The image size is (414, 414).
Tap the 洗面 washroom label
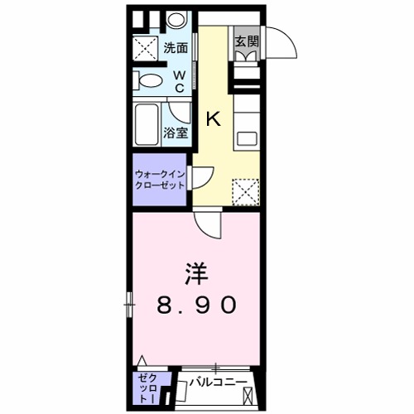tap(174, 47)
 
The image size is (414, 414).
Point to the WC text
tap(180, 82)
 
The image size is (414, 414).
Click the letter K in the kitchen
tap(213, 119)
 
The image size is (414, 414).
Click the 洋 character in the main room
tap(195, 272)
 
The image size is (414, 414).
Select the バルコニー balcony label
tap(220, 383)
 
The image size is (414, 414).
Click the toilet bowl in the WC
tap(150, 81)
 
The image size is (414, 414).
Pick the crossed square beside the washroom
tap(146, 47)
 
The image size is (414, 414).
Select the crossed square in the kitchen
tap(244, 190)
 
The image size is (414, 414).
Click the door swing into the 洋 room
tap(208, 219)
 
